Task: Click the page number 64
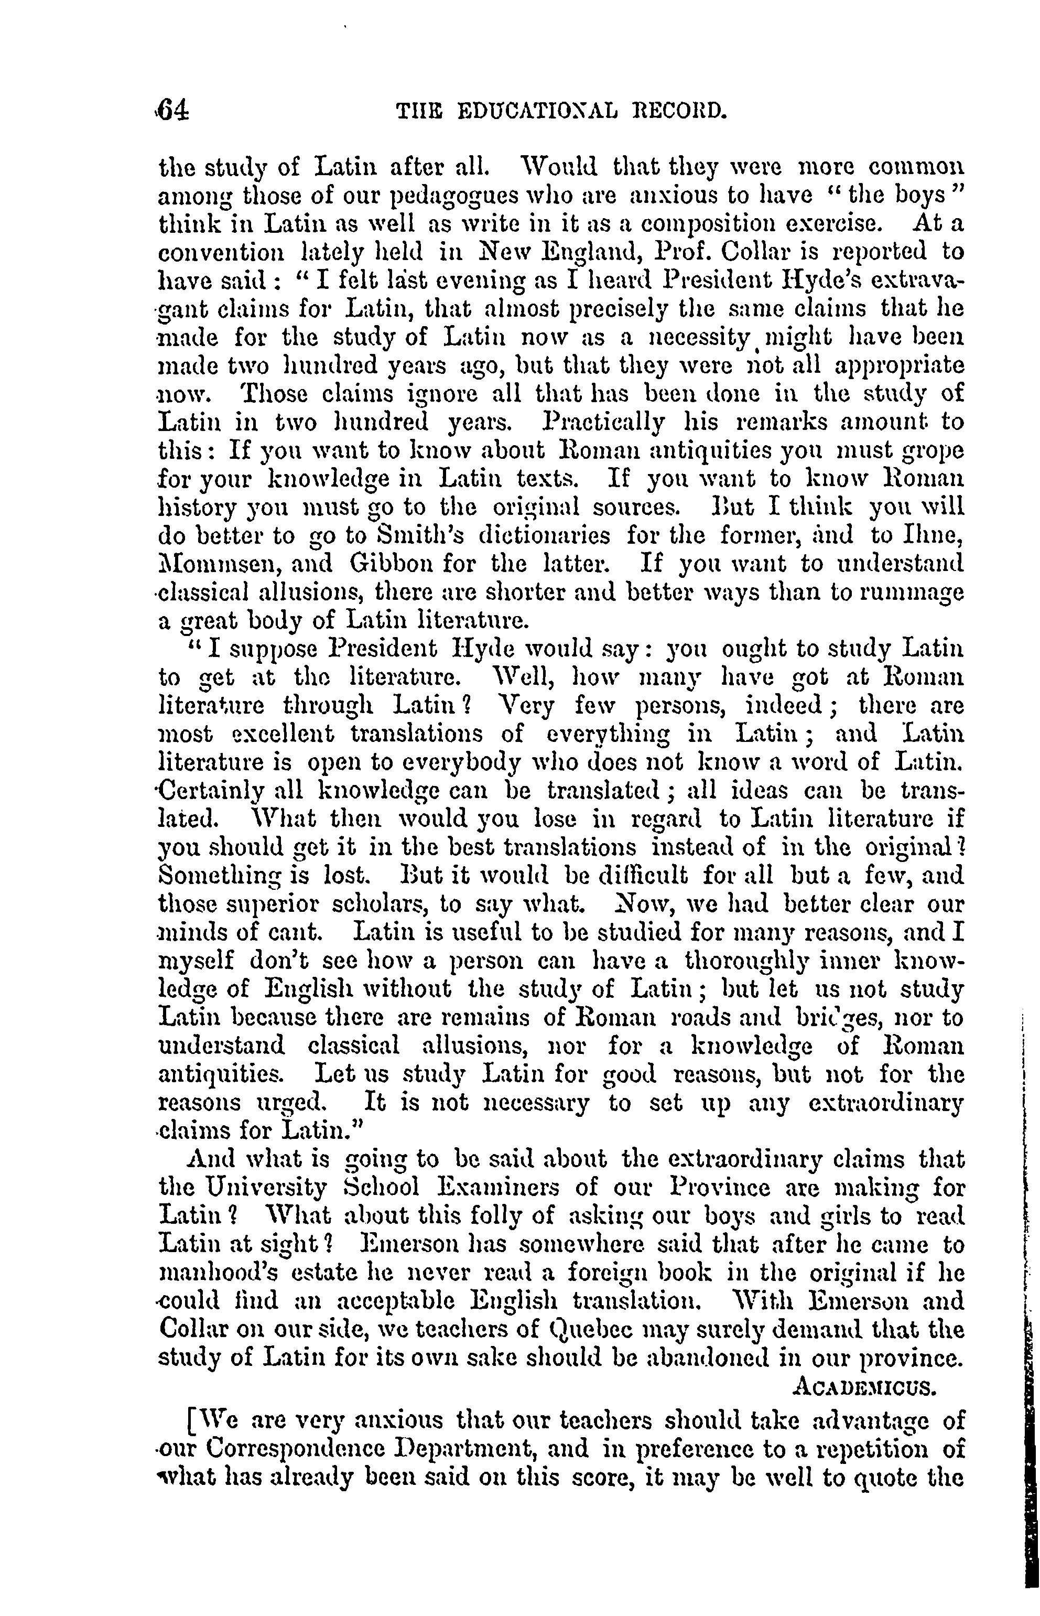(x=174, y=110)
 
